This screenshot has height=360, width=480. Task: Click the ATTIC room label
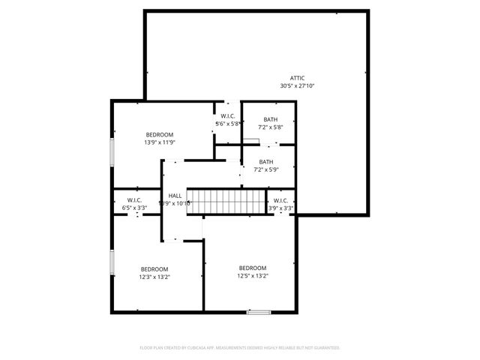click(x=298, y=78)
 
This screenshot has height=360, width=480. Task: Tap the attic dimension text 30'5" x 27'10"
click(x=298, y=86)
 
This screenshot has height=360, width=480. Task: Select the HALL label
click(x=175, y=195)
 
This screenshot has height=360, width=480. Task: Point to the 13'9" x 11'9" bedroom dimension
click(x=159, y=142)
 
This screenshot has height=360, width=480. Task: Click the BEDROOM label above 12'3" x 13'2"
click(x=154, y=268)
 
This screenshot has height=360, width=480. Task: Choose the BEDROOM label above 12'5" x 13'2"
click(x=253, y=268)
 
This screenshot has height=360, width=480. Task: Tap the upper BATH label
click(x=270, y=119)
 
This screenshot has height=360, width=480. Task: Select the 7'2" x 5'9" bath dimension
click(x=266, y=171)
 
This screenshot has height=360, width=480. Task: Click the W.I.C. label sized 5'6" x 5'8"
click(x=228, y=115)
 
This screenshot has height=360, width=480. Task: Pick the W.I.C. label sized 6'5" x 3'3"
click(x=135, y=200)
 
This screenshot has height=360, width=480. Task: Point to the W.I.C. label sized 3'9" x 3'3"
click(x=280, y=200)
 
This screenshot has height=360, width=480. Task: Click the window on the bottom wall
click(x=259, y=311)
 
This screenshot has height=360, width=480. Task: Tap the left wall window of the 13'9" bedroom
click(x=112, y=149)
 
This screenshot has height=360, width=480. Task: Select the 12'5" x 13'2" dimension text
click(x=253, y=276)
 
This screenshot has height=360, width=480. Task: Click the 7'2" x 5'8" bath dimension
click(x=270, y=127)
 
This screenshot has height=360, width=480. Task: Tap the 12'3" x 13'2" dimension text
click(x=154, y=277)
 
